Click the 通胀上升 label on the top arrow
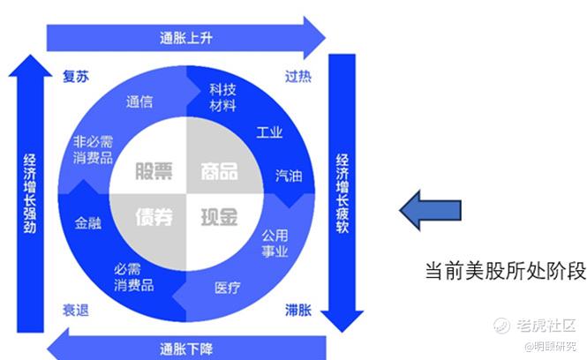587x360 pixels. click(186, 38)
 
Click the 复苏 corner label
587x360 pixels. click(76, 76)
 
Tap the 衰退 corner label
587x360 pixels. click(76, 310)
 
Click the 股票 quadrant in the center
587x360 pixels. click(153, 171)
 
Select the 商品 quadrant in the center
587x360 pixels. click(218, 171)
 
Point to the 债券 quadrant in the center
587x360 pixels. click(153, 216)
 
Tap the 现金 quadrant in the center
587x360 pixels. click(218, 216)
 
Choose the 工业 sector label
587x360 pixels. click(269, 133)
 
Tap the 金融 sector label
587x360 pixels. click(88, 223)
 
